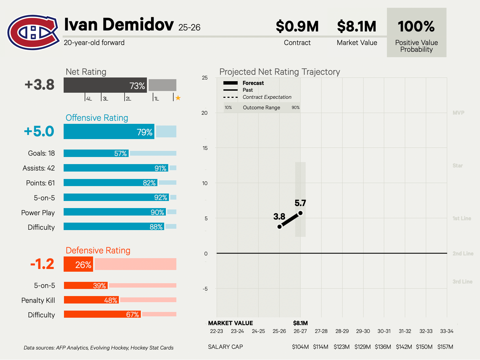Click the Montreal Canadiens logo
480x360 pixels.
(33, 32)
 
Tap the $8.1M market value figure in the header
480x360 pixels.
(357, 26)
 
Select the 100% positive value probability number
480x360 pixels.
(416, 26)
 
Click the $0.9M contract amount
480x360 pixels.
(297, 26)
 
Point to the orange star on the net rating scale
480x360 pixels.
(178, 98)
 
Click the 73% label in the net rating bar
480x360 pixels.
(137, 86)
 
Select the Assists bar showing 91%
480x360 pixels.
(116, 168)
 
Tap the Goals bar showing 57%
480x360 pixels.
(96, 153)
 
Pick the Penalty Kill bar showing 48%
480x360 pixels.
(91, 300)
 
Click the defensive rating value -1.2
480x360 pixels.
(42, 264)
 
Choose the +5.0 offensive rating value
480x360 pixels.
(39, 131)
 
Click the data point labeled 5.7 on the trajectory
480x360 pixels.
(300, 213)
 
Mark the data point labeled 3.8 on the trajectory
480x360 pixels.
(280, 227)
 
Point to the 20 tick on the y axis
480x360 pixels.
(204, 113)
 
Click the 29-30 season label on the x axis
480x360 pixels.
(363, 331)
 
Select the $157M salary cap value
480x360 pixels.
(445, 347)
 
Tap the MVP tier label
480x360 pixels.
(458, 113)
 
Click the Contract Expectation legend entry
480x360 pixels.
(267, 97)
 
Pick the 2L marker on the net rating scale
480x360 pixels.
(128, 99)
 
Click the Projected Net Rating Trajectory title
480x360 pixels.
(280, 72)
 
